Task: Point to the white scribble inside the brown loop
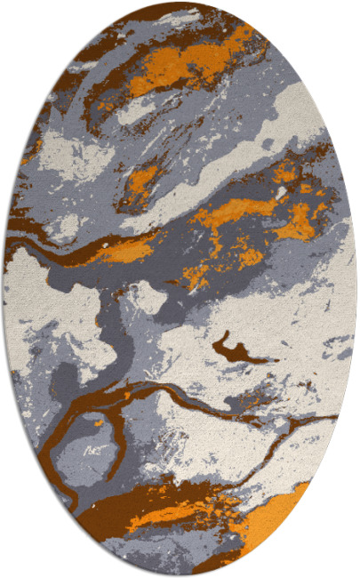(92, 454)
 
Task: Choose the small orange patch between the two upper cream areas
(142, 178)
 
